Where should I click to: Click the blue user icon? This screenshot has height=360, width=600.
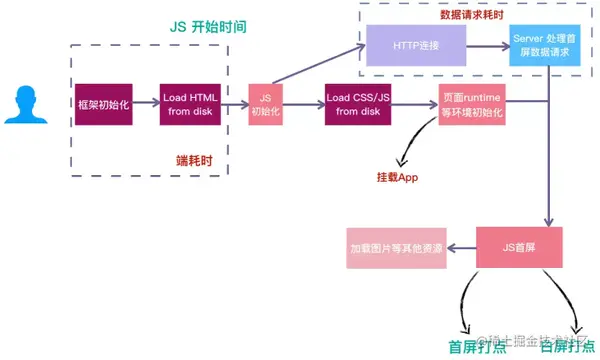point(23,104)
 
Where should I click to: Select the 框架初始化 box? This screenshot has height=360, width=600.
point(103,104)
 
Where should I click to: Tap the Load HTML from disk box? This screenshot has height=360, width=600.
point(189,104)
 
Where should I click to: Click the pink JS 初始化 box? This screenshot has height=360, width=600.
point(265,104)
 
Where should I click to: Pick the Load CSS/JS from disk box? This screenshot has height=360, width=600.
point(356,104)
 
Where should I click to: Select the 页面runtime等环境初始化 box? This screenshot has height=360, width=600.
point(472,104)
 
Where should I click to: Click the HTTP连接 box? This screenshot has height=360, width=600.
point(416,46)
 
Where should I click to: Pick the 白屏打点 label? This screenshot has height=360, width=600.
point(567,346)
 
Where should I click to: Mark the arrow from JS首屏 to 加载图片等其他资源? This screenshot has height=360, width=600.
point(465,247)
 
